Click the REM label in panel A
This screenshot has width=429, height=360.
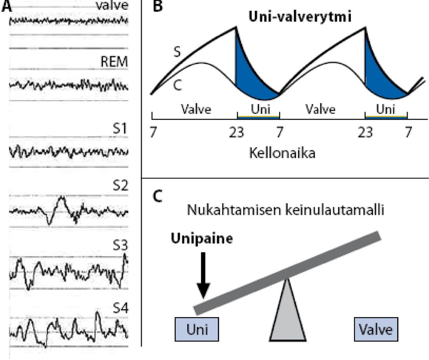point(114,62)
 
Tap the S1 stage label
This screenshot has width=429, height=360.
point(121,128)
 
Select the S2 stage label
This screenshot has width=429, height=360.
point(121,186)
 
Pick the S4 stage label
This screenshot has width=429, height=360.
point(121,309)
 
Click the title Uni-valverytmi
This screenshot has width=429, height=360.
point(300,17)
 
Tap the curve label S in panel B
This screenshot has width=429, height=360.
point(177,51)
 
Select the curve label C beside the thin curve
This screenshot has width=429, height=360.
point(177,85)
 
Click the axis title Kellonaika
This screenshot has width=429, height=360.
point(282,153)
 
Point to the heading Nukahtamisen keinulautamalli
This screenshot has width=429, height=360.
point(286,210)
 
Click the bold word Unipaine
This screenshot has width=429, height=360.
point(202,239)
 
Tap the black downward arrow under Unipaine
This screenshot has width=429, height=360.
point(203,275)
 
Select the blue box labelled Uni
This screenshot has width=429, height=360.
point(197,329)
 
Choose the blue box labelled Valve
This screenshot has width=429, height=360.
point(376,329)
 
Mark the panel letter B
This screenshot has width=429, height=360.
point(158,6)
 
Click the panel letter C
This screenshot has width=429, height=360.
point(158,196)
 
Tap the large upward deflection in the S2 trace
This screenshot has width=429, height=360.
point(62,200)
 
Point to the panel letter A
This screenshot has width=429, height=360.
point(7,6)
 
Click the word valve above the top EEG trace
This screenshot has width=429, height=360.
point(112,5)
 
